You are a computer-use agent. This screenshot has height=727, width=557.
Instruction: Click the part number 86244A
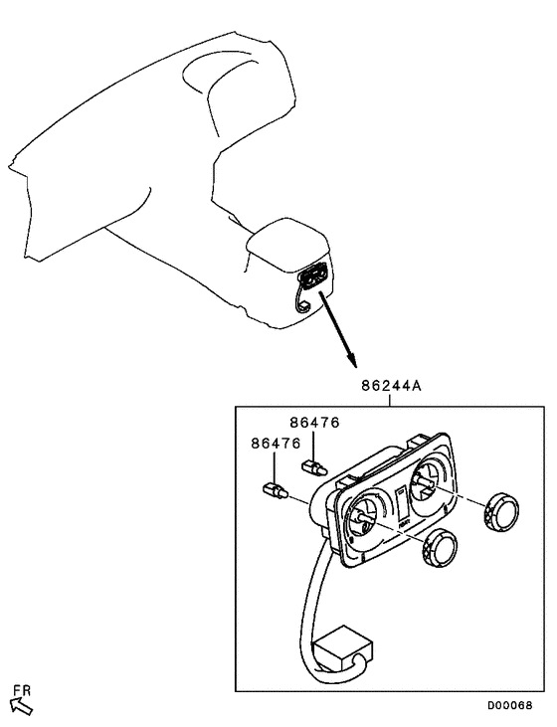(x=391, y=386)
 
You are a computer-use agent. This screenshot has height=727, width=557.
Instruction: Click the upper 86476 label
(x=315, y=423)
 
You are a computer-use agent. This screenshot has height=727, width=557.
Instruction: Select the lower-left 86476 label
(x=276, y=444)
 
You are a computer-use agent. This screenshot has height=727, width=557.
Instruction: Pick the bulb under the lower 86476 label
(x=276, y=490)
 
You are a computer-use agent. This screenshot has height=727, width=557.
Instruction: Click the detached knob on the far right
(x=500, y=512)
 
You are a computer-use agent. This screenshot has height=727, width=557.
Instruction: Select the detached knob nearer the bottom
(x=440, y=549)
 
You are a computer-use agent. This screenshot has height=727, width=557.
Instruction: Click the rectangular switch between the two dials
(x=402, y=503)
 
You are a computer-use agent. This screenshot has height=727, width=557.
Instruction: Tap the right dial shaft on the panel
(x=425, y=485)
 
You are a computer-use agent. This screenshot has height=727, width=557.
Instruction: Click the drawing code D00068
(x=509, y=705)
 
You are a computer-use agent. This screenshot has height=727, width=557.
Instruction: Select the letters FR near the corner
(x=22, y=690)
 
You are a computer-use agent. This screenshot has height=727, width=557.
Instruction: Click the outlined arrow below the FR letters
(x=21, y=706)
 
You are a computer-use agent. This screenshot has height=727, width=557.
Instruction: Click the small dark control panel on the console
(x=312, y=276)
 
